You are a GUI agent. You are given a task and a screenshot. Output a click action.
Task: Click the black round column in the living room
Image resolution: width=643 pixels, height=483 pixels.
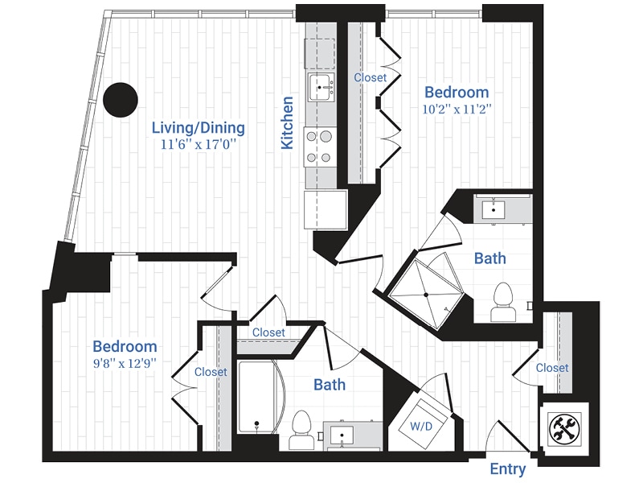coord(121,99)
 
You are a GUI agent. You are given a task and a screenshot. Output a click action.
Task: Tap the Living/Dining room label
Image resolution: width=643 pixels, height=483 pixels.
coord(199,128)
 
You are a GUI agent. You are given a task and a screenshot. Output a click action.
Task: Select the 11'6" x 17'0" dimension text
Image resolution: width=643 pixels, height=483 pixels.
coord(199,145)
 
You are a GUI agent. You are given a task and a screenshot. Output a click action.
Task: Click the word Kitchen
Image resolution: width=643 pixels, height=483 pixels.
coord(287,122)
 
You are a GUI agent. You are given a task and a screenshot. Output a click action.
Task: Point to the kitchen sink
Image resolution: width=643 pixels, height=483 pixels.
coord(321,85)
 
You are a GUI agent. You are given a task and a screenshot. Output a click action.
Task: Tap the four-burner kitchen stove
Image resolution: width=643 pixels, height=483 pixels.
coord(319,146)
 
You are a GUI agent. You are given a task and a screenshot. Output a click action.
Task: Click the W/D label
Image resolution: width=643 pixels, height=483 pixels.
coord(420,423)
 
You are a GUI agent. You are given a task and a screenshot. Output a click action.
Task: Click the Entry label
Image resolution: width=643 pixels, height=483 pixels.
coord(508,469)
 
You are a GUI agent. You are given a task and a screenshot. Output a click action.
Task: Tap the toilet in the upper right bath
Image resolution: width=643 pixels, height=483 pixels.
coord(503,299)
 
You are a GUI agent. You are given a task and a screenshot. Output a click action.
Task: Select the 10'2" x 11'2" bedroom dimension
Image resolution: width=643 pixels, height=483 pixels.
coord(457,109)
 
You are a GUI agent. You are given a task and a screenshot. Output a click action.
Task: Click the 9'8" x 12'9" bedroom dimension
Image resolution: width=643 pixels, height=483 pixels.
coord(125,363)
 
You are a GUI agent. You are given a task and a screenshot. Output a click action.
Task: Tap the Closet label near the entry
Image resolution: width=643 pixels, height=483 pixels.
coord(552,368)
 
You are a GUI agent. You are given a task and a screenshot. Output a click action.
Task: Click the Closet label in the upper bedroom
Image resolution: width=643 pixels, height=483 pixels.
coord(371,78)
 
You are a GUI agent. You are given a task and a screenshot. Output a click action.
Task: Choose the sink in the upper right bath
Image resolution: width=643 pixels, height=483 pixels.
coord(492,208)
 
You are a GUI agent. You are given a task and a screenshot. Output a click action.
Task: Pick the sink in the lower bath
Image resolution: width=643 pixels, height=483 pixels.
coord(342,436)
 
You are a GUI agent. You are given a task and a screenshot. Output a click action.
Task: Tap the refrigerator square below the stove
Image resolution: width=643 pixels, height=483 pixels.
coord(326,208)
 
